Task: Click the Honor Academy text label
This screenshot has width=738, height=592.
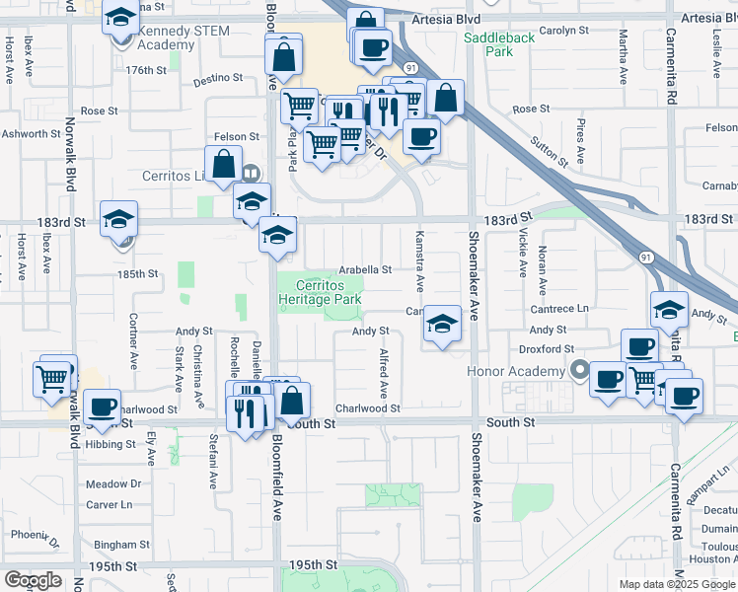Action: (515, 371)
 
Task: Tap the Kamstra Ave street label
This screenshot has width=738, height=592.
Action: (419, 262)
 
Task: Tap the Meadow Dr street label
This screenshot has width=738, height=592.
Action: (113, 484)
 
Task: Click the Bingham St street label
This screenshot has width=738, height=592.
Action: (121, 544)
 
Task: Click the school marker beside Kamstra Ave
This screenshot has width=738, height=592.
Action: (443, 325)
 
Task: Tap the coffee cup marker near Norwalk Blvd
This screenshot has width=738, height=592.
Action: (102, 407)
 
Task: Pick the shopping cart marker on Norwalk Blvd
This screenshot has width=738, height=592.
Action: (51, 378)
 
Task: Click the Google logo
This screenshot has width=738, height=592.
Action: (33, 580)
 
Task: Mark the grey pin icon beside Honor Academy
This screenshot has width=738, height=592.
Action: (580, 372)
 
